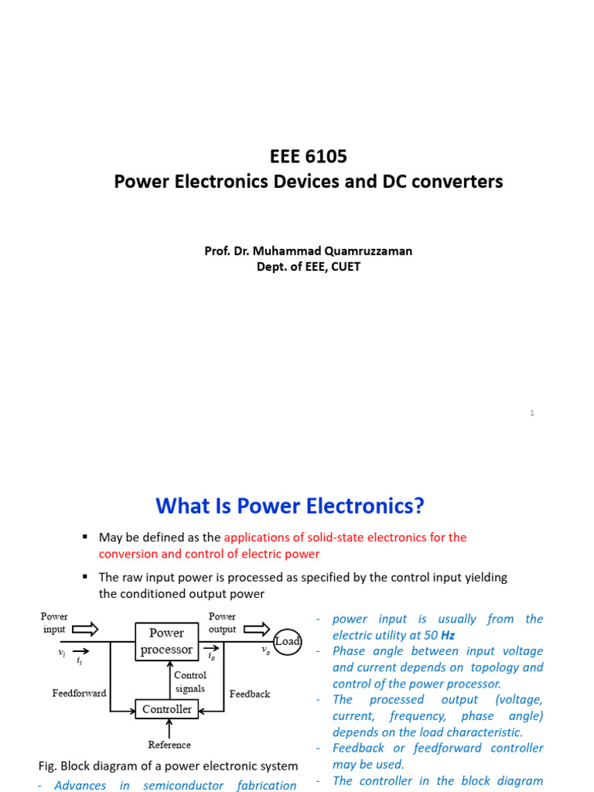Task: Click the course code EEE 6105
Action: point(309,156)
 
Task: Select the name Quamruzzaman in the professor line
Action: point(374,251)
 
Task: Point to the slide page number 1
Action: point(532,413)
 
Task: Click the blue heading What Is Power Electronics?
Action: point(290,506)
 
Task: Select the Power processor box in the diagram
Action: point(166,641)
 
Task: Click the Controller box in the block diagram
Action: point(167,709)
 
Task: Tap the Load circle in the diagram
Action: point(287,641)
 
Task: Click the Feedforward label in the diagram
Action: point(79,693)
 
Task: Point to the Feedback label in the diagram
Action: point(250,694)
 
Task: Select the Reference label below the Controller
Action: point(169,745)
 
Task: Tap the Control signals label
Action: point(190,681)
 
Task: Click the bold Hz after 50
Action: point(447,635)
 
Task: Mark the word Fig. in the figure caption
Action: point(47,766)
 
